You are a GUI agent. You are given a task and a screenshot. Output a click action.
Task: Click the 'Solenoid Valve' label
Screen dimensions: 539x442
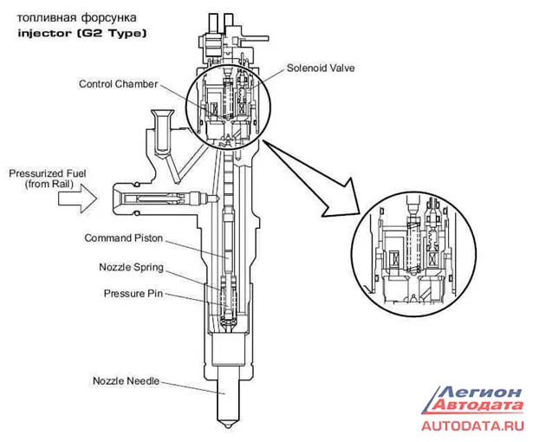[321, 68]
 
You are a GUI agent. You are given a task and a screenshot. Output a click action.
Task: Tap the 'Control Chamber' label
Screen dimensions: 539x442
[118, 84]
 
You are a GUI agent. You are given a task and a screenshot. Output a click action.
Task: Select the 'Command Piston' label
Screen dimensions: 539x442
[123, 237]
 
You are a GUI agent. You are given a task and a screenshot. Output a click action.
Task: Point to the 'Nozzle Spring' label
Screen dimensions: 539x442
[131, 268]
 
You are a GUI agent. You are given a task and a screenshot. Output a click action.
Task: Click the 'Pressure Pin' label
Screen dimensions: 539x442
[133, 294]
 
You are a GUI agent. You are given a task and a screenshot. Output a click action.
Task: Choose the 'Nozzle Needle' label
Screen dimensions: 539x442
[127, 380]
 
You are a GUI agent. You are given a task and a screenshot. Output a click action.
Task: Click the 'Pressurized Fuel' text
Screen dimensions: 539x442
[48, 173]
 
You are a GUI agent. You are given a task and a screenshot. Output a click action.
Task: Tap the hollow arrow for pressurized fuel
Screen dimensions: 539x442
[77, 198]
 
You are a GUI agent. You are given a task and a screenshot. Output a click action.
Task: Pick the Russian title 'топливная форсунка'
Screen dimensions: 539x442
[76, 17]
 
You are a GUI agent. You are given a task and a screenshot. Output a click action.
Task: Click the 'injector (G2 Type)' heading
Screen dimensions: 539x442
[82, 34]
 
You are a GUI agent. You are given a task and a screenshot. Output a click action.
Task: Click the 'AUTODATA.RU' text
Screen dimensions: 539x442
[472, 426]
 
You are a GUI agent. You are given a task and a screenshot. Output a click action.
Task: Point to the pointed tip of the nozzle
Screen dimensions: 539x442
[227, 427]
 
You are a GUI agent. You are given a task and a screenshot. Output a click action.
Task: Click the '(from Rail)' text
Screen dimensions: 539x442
[49, 185]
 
